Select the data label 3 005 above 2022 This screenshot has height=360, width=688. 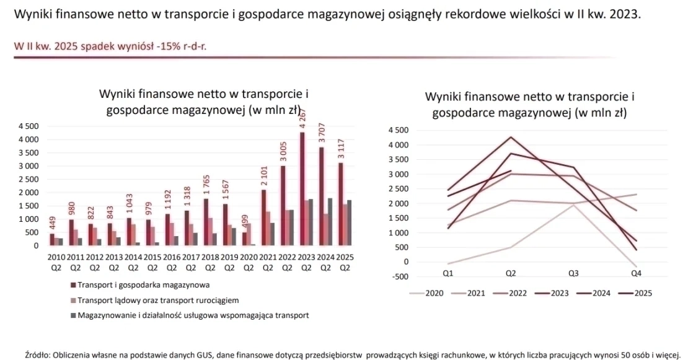(x=283, y=151)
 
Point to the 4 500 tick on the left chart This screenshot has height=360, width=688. (x=28, y=126)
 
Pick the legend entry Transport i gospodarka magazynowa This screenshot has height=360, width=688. (x=140, y=285)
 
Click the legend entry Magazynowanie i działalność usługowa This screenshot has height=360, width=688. (x=190, y=315)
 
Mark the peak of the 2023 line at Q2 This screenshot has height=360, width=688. (x=510, y=137)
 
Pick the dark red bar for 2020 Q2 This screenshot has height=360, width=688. (x=244, y=239)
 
